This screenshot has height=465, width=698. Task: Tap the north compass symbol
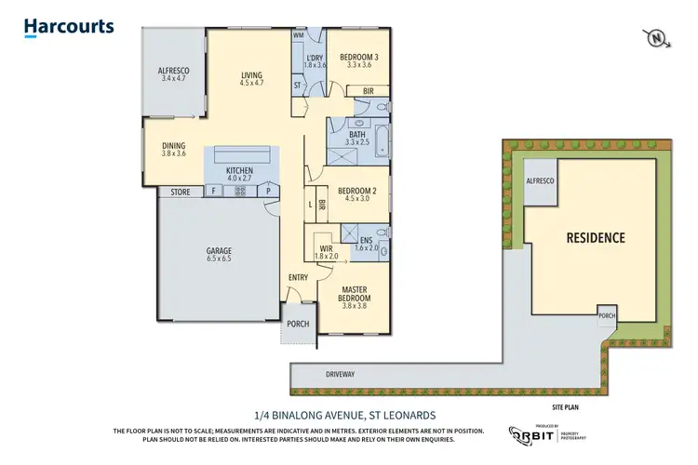click(657, 38)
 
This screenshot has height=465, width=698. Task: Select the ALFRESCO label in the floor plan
click(174, 72)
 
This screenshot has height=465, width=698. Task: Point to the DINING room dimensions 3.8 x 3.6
click(174, 154)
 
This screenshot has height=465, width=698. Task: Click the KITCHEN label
click(241, 170)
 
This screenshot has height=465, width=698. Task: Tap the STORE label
click(180, 192)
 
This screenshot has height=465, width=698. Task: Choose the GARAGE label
click(219, 251)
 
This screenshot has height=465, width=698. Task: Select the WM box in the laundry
click(299, 34)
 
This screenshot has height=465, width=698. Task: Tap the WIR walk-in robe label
click(327, 248)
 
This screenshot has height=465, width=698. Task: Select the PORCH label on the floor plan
click(299, 325)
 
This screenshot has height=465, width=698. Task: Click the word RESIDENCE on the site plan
click(596, 237)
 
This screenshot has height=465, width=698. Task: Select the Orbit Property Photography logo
click(544, 433)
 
